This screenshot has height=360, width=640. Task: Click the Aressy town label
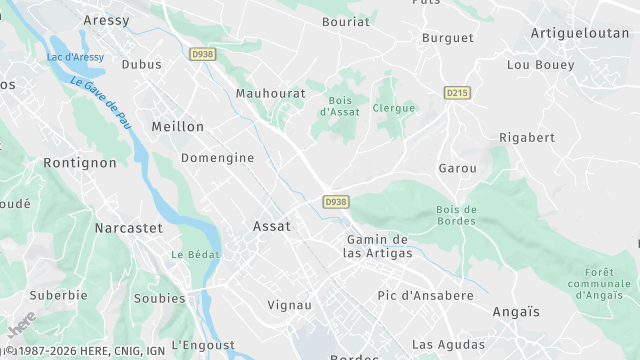tap(107, 20)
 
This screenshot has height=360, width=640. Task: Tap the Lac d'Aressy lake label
tap(75, 57)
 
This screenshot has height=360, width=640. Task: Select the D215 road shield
tap(456, 93)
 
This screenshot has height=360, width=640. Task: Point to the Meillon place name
tap(177, 127)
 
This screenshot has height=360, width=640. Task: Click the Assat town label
tap(272, 226)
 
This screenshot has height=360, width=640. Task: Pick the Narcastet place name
tap(128, 228)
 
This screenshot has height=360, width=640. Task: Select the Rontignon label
tap(80, 162)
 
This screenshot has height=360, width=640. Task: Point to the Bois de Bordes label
tap(457, 214)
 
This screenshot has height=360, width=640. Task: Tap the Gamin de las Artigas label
tap(377, 246)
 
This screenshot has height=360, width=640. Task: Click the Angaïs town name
tap(516, 312)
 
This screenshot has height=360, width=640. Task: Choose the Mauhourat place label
tap(270, 93)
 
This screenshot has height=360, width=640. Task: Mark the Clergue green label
tap(393, 108)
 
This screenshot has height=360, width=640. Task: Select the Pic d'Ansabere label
tap(425, 295)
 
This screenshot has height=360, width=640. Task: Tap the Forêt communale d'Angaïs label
tap(607, 284)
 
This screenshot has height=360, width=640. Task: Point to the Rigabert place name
tap(527, 137)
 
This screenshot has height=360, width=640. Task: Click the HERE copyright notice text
tap(84, 351)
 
